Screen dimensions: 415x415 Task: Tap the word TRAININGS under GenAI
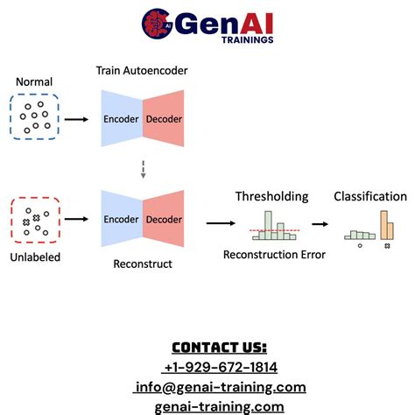pyautogui.click(x=247, y=39)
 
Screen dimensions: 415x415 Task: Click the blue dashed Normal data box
pyautogui.click(x=34, y=118)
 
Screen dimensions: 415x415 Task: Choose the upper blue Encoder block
pyautogui.click(x=122, y=118)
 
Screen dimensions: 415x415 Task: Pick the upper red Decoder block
pyautogui.click(x=164, y=118)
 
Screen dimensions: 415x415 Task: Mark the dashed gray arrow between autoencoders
pyautogui.click(x=143, y=169)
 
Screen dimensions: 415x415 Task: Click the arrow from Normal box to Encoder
pyautogui.click(x=77, y=118)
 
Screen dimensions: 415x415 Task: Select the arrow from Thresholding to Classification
pyautogui.click(x=321, y=223)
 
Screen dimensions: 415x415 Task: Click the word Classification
pyautogui.click(x=370, y=197)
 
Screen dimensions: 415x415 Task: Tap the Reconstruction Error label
pyautogui.click(x=275, y=255)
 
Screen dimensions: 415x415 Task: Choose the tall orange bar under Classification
pyautogui.click(x=384, y=225)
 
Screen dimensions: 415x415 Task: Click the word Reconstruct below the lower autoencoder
pyautogui.click(x=143, y=263)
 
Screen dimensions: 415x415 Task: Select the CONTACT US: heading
pyautogui.click(x=219, y=347)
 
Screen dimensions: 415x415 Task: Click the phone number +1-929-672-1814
pyautogui.click(x=220, y=367)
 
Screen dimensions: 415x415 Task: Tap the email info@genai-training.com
pyautogui.click(x=220, y=387)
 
